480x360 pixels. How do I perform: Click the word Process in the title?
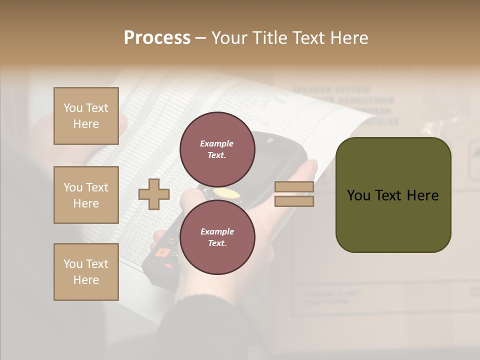click(x=157, y=37)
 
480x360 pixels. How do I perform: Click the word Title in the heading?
click(x=270, y=37)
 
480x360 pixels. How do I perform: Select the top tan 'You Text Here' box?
click(x=86, y=116)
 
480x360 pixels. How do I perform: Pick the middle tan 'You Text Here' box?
click(x=86, y=195)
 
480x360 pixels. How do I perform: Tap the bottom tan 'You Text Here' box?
click(x=86, y=272)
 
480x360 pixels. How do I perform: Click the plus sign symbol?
click(x=153, y=194)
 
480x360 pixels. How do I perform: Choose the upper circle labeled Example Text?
click(x=217, y=149)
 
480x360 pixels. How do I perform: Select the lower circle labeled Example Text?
click(x=217, y=237)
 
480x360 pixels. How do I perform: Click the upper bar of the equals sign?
click(x=294, y=187)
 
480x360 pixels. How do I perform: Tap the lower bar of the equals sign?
click(x=294, y=201)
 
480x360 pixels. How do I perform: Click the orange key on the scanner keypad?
click(x=161, y=252)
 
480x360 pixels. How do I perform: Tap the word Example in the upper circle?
click(x=216, y=143)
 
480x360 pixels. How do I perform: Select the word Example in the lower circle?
click(x=217, y=231)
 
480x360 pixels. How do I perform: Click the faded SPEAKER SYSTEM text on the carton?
click(x=331, y=90)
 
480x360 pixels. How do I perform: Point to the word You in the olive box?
click(x=358, y=195)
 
